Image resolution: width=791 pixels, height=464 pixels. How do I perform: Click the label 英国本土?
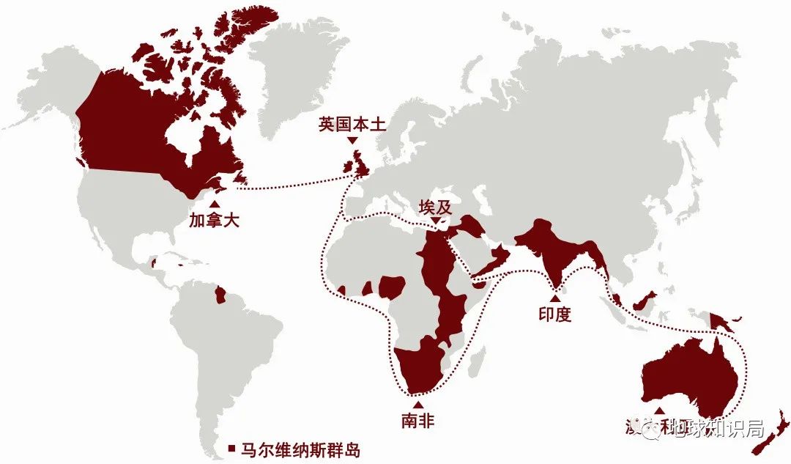click(352, 124)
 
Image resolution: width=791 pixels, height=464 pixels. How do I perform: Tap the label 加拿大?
click(215, 218)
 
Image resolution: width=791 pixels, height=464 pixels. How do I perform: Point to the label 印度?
click(554, 314)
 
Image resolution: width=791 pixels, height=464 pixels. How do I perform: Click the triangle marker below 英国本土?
click(352, 140)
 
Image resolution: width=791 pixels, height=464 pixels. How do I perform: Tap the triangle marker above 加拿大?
click(214, 203)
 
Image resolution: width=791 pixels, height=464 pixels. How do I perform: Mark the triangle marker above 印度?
click(554, 298)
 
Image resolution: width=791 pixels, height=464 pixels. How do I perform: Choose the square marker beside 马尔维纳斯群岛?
click(230, 449)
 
